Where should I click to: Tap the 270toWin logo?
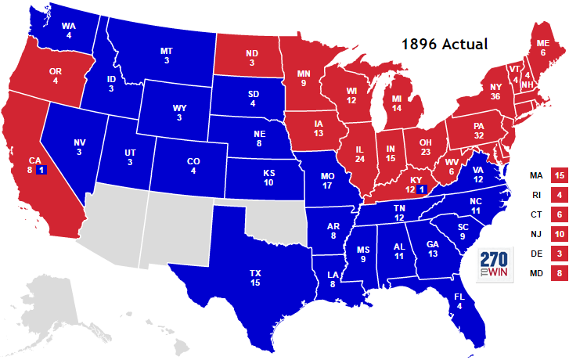[x=495, y=266]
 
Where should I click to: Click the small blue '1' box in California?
[x=41, y=170]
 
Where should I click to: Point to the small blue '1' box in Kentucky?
[x=421, y=189]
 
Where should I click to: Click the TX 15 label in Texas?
[x=255, y=277]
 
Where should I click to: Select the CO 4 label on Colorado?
[x=193, y=165]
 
